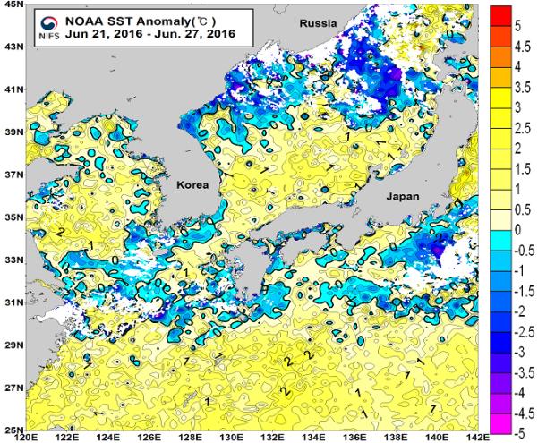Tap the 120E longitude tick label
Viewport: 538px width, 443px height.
click(27, 438)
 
